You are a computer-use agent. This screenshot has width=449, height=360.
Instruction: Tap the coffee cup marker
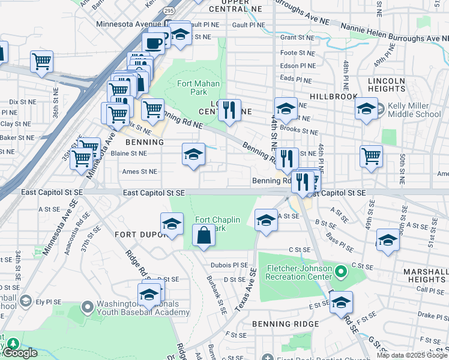(153, 43)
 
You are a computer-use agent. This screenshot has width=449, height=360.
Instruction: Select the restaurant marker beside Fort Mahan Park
(229, 110)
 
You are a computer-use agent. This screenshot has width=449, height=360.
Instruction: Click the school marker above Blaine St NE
(193, 155)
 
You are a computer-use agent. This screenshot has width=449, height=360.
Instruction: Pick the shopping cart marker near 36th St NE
(41, 61)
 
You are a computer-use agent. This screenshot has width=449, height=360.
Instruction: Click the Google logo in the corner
(20, 353)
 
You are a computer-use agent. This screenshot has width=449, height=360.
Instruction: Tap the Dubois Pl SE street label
(229, 265)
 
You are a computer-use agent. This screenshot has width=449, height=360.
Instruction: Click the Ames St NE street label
(139, 172)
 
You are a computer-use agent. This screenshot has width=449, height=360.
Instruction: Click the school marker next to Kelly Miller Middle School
(366, 109)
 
